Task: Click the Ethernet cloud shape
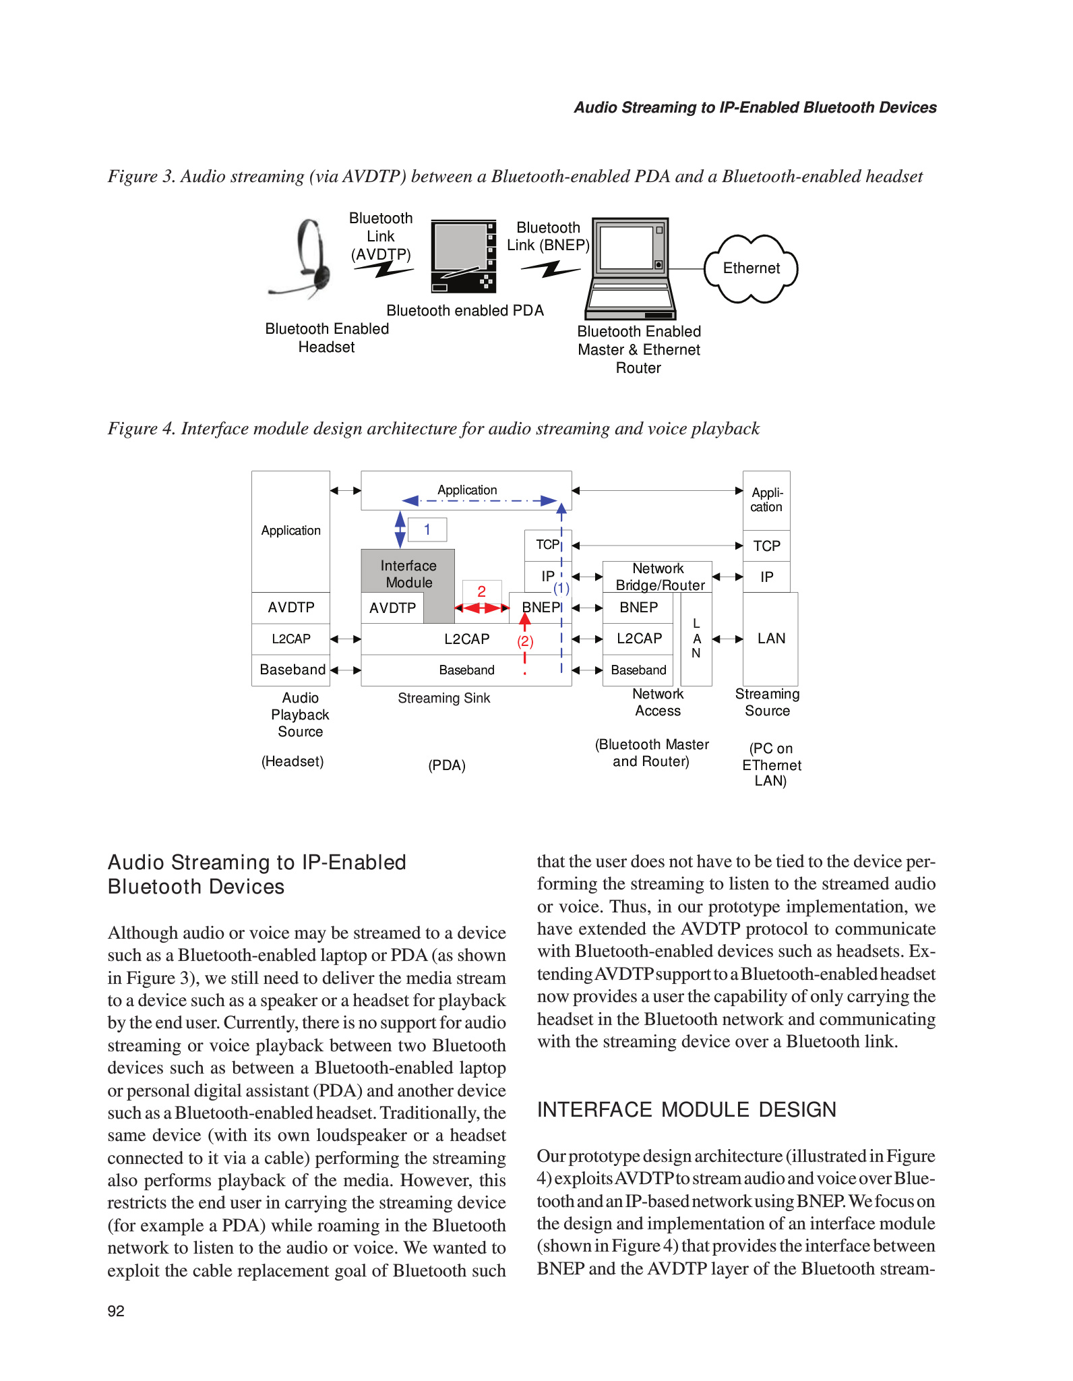click(751, 268)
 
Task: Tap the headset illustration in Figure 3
click(307, 260)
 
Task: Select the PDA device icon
click(464, 256)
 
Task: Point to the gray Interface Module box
click(408, 574)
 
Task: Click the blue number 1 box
click(427, 530)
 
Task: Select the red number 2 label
click(481, 591)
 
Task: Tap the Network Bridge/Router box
click(658, 577)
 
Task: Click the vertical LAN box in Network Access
click(696, 639)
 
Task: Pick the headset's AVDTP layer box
click(291, 608)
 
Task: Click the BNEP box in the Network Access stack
click(638, 608)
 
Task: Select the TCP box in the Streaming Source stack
click(766, 546)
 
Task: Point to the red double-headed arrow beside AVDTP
click(481, 608)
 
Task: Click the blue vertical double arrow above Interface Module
click(400, 529)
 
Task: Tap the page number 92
click(116, 1311)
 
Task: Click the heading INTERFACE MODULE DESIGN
click(686, 1110)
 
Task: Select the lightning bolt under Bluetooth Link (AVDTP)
click(384, 270)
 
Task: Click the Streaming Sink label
click(443, 699)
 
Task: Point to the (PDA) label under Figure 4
click(447, 765)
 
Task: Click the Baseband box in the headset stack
click(292, 670)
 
